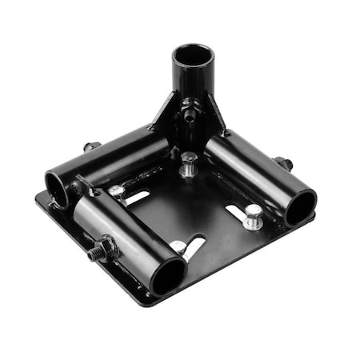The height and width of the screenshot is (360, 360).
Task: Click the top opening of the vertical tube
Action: [x=194, y=58]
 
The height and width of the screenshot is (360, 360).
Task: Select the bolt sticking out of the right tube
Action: [x=283, y=163]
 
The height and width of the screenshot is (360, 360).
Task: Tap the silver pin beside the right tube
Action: [x=253, y=216]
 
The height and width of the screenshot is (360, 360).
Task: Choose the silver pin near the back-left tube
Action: [x=118, y=192]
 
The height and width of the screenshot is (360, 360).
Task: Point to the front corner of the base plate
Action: [x=149, y=301]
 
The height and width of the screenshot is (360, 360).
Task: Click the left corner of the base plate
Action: [x=38, y=194]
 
